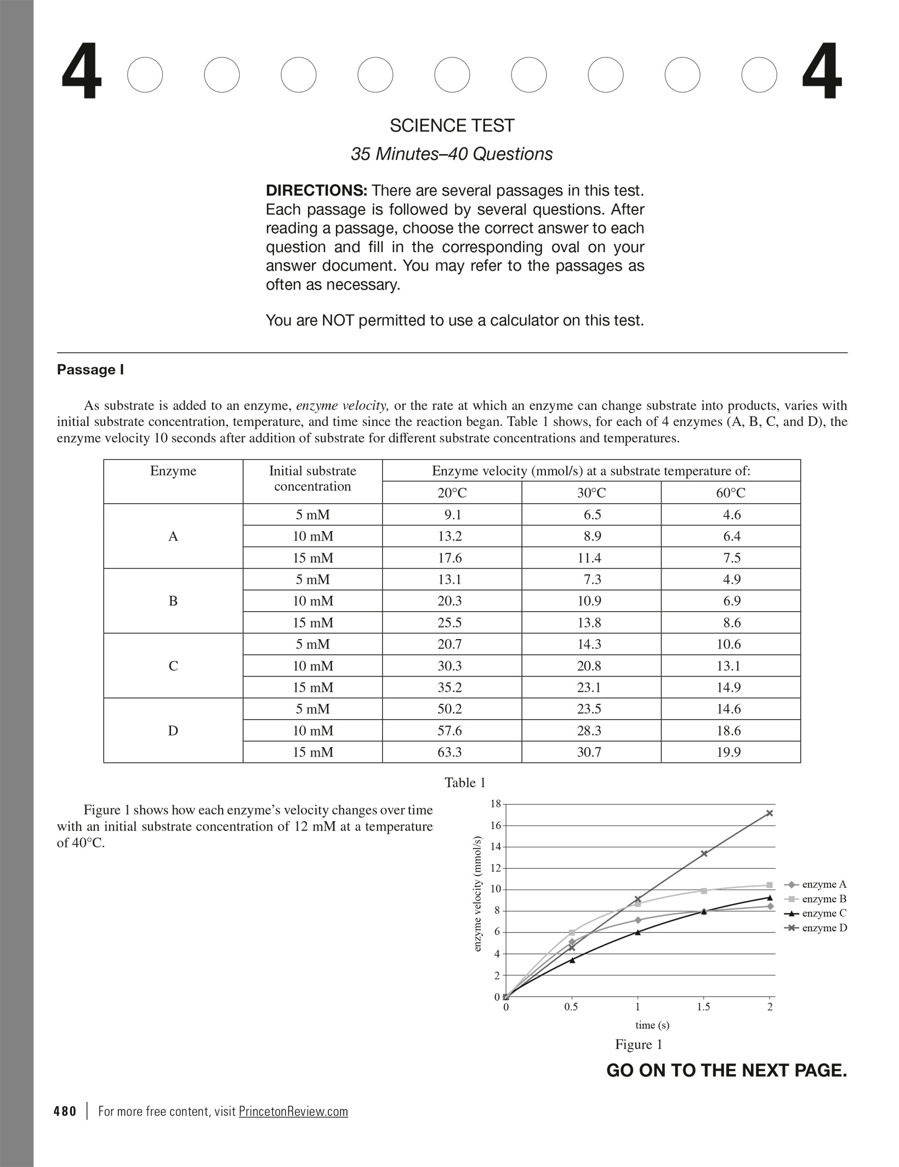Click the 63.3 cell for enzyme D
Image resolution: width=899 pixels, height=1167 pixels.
(450, 752)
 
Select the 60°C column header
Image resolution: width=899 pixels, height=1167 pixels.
(730, 493)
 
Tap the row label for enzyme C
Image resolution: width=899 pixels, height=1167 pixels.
(173, 666)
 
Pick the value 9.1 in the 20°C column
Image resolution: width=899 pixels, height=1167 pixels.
(453, 515)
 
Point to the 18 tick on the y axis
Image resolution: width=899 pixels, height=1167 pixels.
(496, 804)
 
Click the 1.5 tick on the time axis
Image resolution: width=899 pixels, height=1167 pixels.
(703, 1007)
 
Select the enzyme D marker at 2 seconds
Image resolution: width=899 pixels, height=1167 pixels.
(770, 813)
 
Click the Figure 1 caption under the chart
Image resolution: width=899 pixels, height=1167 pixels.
(639, 1045)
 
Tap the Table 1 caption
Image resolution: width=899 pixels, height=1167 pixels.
(465, 783)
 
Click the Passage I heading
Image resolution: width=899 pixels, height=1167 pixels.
(90, 370)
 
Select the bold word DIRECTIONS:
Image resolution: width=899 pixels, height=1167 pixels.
(316, 191)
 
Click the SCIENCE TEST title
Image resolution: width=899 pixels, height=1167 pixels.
(452, 126)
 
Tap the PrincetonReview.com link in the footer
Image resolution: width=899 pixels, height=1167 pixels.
(293, 1112)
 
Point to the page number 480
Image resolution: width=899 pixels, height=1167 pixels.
(65, 1112)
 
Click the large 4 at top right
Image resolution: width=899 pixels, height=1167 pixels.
(822, 72)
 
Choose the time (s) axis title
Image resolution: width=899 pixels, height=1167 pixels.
(652, 1025)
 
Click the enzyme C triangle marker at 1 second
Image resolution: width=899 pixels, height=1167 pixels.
(638, 932)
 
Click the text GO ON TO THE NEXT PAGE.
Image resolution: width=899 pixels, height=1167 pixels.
(726, 1071)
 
